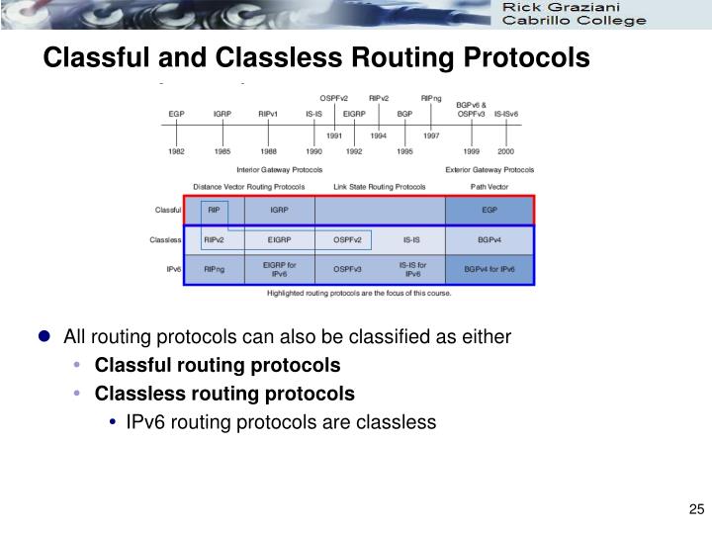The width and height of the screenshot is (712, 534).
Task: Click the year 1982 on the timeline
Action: tap(176, 151)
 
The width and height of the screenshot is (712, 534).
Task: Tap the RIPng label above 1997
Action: tap(431, 98)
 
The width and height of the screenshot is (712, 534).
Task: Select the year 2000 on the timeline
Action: tap(505, 151)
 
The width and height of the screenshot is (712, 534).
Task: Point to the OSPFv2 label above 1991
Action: tap(333, 98)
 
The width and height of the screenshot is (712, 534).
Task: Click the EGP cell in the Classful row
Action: tap(489, 210)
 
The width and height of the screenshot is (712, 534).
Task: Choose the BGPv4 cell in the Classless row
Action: tap(489, 239)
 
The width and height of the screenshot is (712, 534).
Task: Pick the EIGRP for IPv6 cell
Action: tap(280, 269)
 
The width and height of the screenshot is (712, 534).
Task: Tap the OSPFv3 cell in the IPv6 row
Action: tap(347, 269)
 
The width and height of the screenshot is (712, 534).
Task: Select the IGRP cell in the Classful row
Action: tap(280, 210)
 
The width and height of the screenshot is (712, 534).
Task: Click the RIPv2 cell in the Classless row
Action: tap(214, 239)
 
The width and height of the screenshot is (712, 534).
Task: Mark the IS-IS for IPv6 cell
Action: tap(412, 269)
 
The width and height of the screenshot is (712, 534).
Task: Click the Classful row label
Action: tap(168, 210)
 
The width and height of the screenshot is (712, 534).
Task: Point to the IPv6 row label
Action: tap(173, 269)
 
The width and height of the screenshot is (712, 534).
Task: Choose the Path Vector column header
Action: tap(489, 186)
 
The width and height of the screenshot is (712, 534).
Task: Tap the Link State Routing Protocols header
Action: tap(380, 186)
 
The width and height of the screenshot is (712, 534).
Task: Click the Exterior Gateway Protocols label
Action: tap(489, 169)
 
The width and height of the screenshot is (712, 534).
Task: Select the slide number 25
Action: tap(694, 510)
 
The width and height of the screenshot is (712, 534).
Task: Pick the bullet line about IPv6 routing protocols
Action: tap(281, 422)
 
